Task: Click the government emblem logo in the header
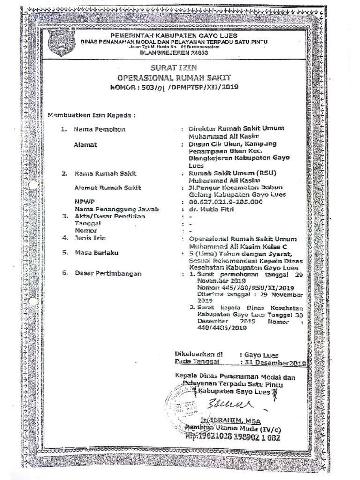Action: tap(61, 43)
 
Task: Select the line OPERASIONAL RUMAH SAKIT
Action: tap(174, 78)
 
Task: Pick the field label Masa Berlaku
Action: tap(97, 253)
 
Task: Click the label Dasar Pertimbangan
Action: tap(108, 274)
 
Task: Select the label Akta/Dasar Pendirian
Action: tap(110, 217)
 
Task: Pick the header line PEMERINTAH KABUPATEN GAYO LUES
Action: tap(174, 36)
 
